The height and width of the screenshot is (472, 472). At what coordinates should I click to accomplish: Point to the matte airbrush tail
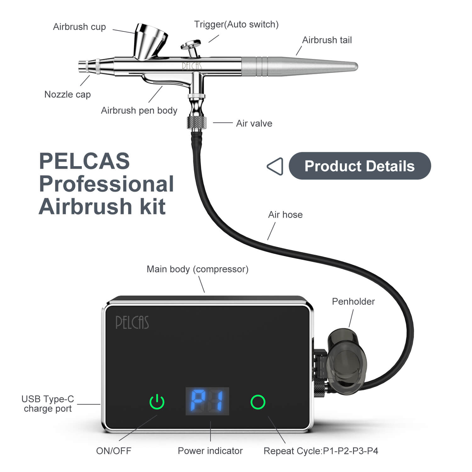pyautogui.click(x=299, y=66)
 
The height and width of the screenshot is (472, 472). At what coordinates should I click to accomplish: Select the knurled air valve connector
pyautogui.click(x=197, y=122)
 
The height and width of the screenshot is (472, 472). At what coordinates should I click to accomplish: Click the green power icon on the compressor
pyautogui.click(x=157, y=402)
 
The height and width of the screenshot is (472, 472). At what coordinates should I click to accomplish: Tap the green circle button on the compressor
pyautogui.click(x=258, y=402)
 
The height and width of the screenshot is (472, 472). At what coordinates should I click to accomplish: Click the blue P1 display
pyautogui.click(x=207, y=401)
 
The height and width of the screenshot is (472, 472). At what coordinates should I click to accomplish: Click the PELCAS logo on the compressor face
pyautogui.click(x=132, y=322)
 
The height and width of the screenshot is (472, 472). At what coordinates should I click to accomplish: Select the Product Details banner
pyautogui.click(x=360, y=166)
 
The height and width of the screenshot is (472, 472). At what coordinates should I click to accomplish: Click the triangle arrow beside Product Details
pyautogui.click(x=275, y=166)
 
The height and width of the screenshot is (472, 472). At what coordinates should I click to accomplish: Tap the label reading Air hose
pyautogui.click(x=285, y=215)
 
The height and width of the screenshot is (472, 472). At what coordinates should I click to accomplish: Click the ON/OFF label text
pyautogui.click(x=114, y=451)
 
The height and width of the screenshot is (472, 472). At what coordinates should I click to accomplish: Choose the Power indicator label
pyautogui.click(x=210, y=451)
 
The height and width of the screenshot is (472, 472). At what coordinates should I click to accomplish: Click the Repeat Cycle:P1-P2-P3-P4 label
pyautogui.click(x=321, y=451)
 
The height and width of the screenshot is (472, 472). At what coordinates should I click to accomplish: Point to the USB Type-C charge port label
pyautogui.click(x=48, y=404)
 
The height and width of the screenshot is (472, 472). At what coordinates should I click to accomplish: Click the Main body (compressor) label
pyautogui.click(x=198, y=269)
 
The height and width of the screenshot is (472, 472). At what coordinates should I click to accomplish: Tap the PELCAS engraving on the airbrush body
pyautogui.click(x=192, y=66)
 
